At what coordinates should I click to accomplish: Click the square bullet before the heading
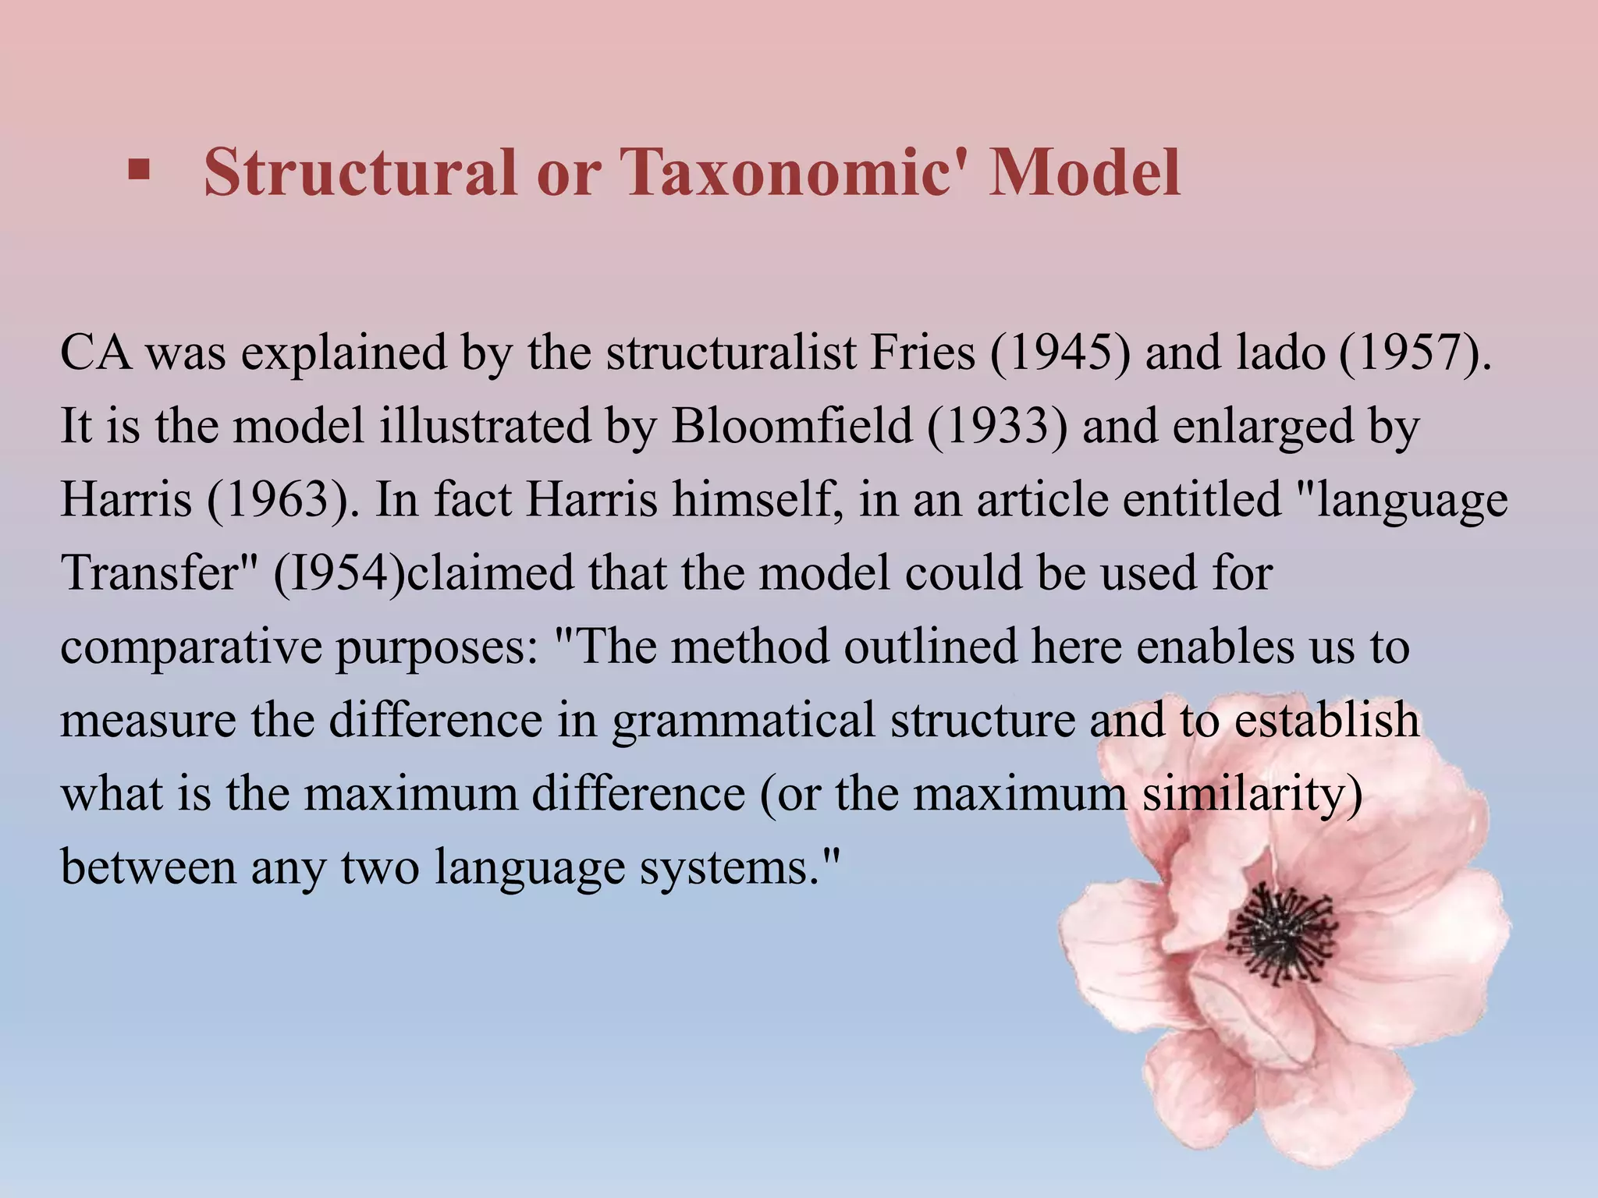[138, 170]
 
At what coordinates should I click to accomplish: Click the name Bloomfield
[791, 427]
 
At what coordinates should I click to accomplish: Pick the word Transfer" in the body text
[160, 572]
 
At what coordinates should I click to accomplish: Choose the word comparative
[190, 647]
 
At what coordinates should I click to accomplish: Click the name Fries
[922, 353]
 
